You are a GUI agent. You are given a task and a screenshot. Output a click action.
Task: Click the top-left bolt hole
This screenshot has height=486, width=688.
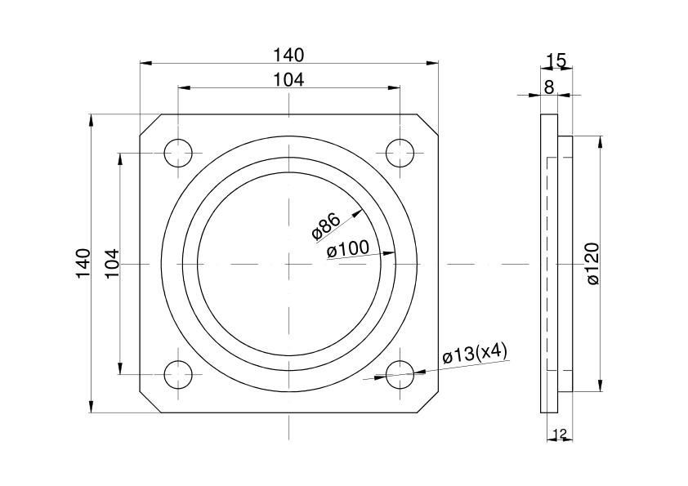178,153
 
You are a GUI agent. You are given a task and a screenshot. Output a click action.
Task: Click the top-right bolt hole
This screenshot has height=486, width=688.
400,153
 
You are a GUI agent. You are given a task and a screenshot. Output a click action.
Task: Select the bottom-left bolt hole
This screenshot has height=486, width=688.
178,375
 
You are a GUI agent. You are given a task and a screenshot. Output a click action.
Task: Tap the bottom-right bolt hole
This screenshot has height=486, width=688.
400,375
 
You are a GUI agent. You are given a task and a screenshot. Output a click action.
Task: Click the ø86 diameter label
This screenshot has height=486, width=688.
326,226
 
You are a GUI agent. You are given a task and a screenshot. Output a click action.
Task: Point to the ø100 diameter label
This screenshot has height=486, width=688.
348,249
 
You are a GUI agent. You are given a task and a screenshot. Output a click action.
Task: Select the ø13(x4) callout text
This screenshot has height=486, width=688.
475,354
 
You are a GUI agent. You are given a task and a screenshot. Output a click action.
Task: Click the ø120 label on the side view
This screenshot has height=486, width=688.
592,264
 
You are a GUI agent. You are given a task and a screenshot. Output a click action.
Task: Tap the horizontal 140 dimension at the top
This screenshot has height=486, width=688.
288,56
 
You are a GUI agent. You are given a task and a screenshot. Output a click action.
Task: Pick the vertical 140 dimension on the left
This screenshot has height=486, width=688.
83,263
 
